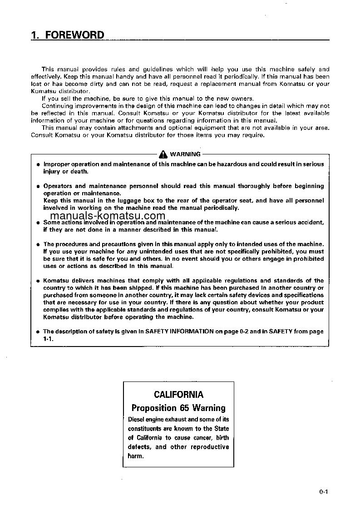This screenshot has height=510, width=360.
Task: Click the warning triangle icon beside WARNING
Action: click(163, 154)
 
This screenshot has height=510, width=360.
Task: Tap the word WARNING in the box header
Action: click(185, 154)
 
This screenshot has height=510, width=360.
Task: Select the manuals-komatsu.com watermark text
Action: click(108, 216)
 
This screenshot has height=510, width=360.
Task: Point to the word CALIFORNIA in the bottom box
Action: click(178, 395)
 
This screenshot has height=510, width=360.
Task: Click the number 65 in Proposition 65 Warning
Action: click(185, 408)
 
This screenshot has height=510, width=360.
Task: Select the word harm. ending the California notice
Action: click(136, 456)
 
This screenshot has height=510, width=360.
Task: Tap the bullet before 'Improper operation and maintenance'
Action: click(38, 164)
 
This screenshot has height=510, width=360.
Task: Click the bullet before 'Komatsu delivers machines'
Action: click(38, 281)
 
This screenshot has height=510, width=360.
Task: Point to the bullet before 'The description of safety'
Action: click(38, 332)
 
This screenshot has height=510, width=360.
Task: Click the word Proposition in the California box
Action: click(153, 408)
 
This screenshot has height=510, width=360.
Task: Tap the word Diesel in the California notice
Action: click(137, 420)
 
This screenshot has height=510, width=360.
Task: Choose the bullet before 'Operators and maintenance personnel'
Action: click(38, 187)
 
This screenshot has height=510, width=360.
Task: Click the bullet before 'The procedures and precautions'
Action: click(38, 245)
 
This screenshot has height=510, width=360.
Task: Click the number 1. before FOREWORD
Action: click(35, 35)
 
